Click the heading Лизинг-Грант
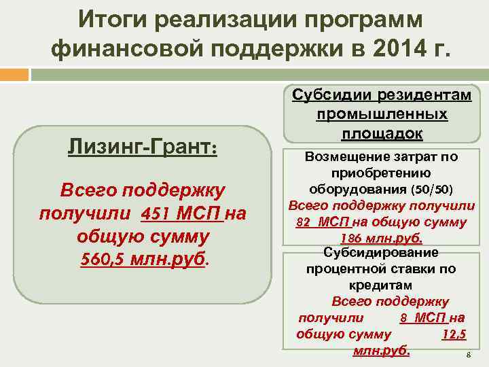point(142,147)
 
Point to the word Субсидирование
point(381,253)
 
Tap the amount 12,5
point(454,334)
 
